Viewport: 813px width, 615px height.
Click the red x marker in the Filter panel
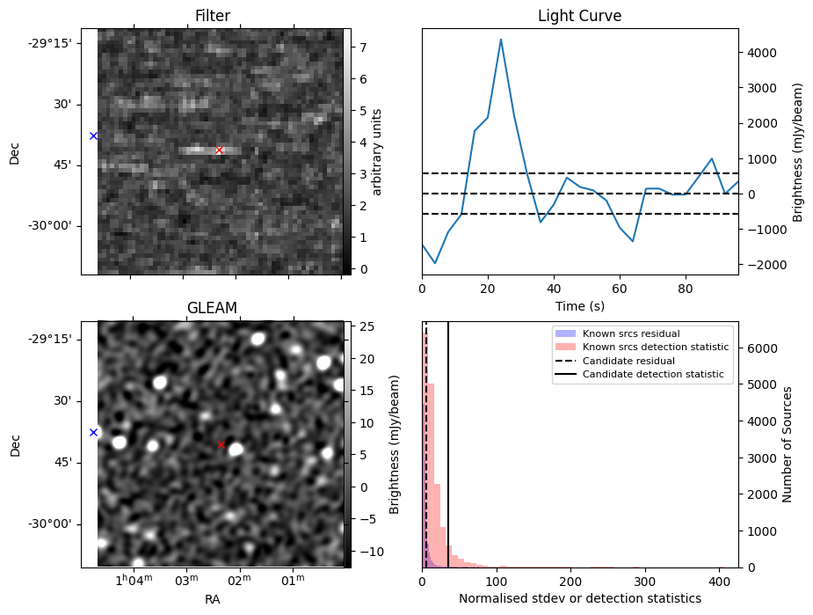pyautogui.click(x=219, y=150)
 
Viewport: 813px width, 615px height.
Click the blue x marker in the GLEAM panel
pyautogui.click(x=93, y=432)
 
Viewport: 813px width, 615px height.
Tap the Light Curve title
pyautogui.click(x=579, y=16)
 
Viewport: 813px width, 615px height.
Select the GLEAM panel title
pyautogui.click(x=212, y=308)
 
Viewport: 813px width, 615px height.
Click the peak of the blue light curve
pyautogui.click(x=501, y=40)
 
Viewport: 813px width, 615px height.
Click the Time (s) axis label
pyautogui.click(x=579, y=305)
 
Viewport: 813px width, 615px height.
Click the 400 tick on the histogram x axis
pyautogui.click(x=719, y=581)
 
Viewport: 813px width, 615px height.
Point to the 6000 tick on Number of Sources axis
pyautogui.click(x=762, y=348)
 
